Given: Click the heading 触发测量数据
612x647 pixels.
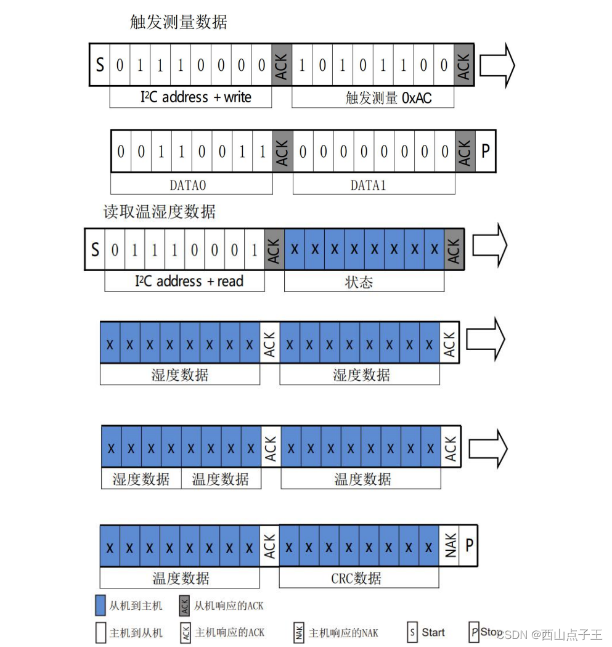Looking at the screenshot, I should pyautogui.click(x=179, y=23).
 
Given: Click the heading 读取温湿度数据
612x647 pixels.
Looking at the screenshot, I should pyautogui.click(x=159, y=212).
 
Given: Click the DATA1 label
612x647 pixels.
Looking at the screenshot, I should pyautogui.click(x=368, y=185).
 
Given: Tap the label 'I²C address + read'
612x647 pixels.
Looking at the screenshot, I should pyautogui.click(x=189, y=282).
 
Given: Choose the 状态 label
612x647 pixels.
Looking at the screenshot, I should pyautogui.click(x=359, y=282).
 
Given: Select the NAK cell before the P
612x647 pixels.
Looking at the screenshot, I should pyautogui.click(x=451, y=545).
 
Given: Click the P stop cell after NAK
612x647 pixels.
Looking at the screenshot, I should pyautogui.click(x=469, y=545).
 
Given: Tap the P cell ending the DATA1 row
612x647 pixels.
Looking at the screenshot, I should pyautogui.click(x=485, y=151).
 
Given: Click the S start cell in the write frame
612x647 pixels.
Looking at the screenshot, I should pyautogui.click(x=100, y=64).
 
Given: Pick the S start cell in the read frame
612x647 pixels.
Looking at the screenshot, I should pyautogui.click(x=95, y=249).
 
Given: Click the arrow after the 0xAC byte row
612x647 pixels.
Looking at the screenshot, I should pyautogui.click(x=497, y=65).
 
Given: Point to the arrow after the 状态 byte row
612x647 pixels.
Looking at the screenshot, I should pyautogui.click(x=490, y=245).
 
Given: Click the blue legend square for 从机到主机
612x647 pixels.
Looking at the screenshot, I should pyautogui.click(x=101, y=606).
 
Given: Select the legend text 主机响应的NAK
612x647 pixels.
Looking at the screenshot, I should pyautogui.click(x=343, y=633).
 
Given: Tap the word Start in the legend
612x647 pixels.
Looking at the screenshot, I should pyautogui.click(x=433, y=632).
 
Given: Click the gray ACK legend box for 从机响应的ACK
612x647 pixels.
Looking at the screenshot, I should pyautogui.click(x=184, y=606).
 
